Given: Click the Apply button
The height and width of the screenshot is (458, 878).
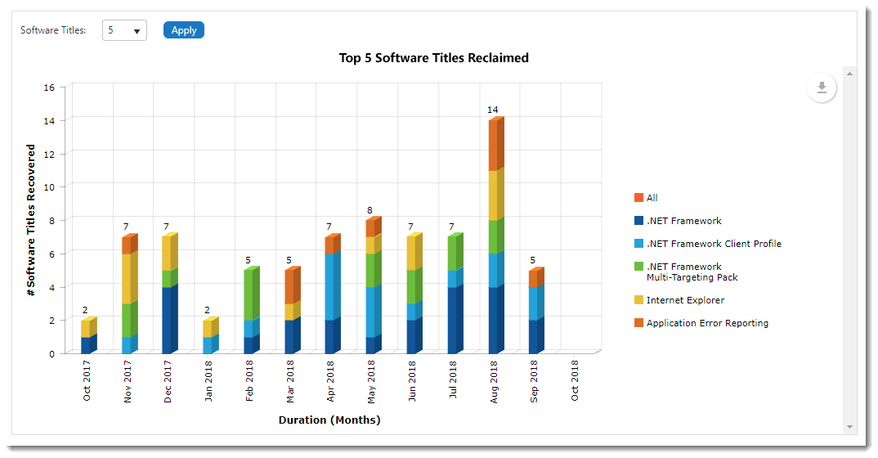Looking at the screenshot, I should pos(183,30).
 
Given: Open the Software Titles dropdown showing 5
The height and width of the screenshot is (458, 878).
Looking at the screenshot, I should pos(124,30).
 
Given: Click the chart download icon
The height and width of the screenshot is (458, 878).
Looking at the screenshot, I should pos(822,88).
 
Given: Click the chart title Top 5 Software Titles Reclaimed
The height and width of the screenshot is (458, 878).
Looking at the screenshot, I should pos(433,58).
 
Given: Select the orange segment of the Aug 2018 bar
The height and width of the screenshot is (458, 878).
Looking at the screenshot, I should pos(495,146).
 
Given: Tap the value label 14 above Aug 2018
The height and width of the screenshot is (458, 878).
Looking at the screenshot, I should pos(492,110).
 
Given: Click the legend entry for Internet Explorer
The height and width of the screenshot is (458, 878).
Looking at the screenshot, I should pos(684,300).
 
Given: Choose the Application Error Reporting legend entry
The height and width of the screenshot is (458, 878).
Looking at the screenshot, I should pos(706,323).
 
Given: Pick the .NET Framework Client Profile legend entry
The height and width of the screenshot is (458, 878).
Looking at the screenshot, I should pos(713,244).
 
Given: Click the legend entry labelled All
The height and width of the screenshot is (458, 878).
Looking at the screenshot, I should pos(652,198).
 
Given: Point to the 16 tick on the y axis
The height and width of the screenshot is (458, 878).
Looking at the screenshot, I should pos(49,88).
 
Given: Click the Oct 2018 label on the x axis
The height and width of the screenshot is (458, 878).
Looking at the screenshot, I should pos(575,381).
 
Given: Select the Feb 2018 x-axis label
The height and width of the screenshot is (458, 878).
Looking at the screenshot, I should pos(249,381).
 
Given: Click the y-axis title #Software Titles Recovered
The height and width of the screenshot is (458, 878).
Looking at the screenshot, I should pos(31,220).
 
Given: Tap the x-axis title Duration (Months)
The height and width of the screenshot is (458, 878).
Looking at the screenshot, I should pos(329,420).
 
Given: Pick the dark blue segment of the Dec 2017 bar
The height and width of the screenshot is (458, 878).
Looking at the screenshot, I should pos(169,320).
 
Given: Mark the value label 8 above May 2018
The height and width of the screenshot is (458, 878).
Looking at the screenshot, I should pos(370,210).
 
